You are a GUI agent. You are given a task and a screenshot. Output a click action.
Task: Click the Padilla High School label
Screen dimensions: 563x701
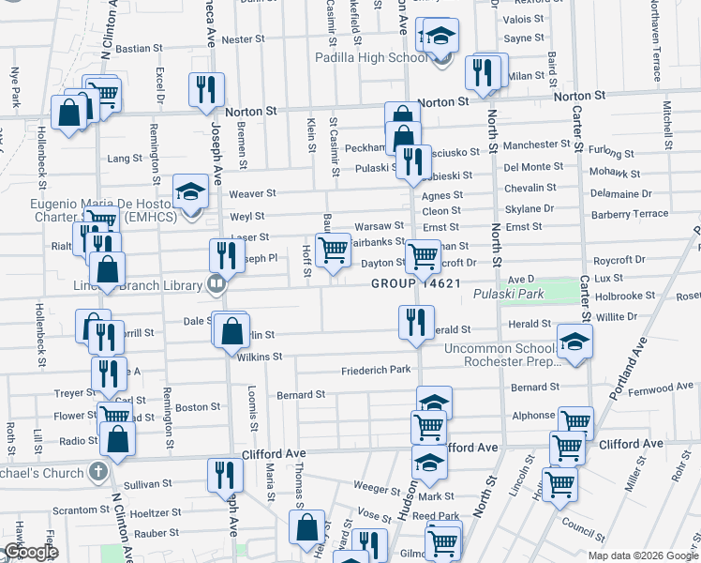click(x=385, y=57)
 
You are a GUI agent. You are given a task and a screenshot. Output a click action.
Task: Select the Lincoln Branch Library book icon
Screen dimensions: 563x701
click(x=216, y=282)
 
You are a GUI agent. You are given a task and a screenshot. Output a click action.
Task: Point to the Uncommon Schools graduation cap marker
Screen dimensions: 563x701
click(x=574, y=343)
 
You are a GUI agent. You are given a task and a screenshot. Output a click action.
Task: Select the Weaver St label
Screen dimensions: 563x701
click(x=252, y=193)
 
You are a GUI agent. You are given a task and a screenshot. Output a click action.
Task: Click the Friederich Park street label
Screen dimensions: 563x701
click(x=376, y=370)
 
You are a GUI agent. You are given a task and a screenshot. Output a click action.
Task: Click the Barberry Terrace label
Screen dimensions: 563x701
click(x=636, y=214)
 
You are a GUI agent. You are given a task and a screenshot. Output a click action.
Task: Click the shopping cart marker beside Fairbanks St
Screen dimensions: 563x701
click(x=333, y=251)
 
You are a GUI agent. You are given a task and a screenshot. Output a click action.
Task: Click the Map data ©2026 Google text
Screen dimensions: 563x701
click(x=642, y=555)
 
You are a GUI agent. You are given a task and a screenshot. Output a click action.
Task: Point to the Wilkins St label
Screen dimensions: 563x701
click(x=260, y=357)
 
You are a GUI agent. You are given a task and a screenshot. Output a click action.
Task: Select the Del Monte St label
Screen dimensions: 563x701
click(x=533, y=166)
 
